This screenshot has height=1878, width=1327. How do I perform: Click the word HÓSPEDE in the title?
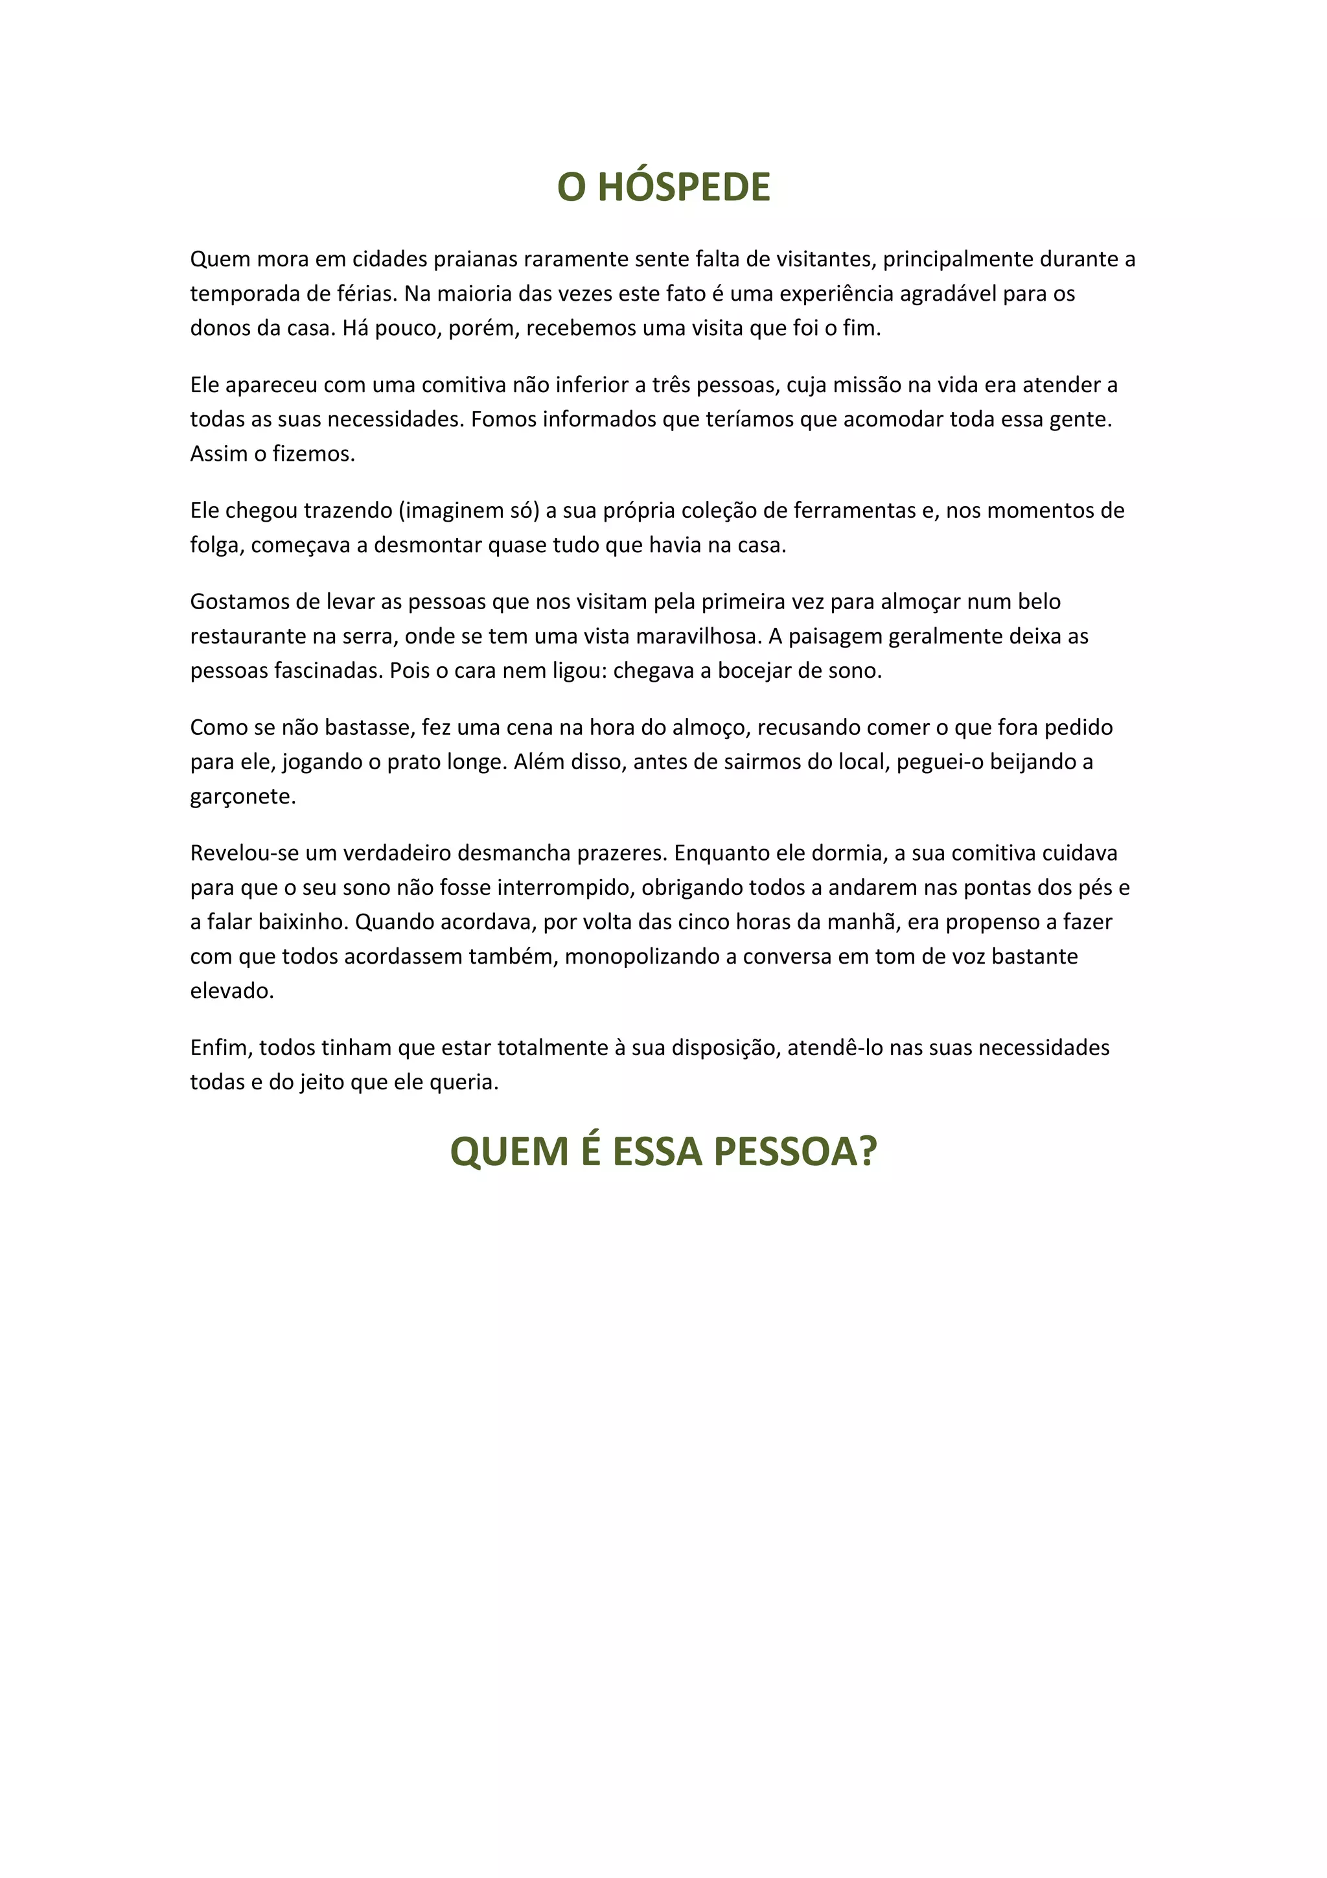pyautogui.click(x=684, y=187)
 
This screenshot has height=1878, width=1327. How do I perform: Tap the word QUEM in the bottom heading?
pyautogui.click(x=509, y=1152)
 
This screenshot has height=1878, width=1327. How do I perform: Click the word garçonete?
pyautogui.click(x=243, y=796)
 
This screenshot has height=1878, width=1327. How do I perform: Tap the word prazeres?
pyautogui.click(x=623, y=853)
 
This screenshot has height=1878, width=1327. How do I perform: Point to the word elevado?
pyautogui.click(x=231, y=991)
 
